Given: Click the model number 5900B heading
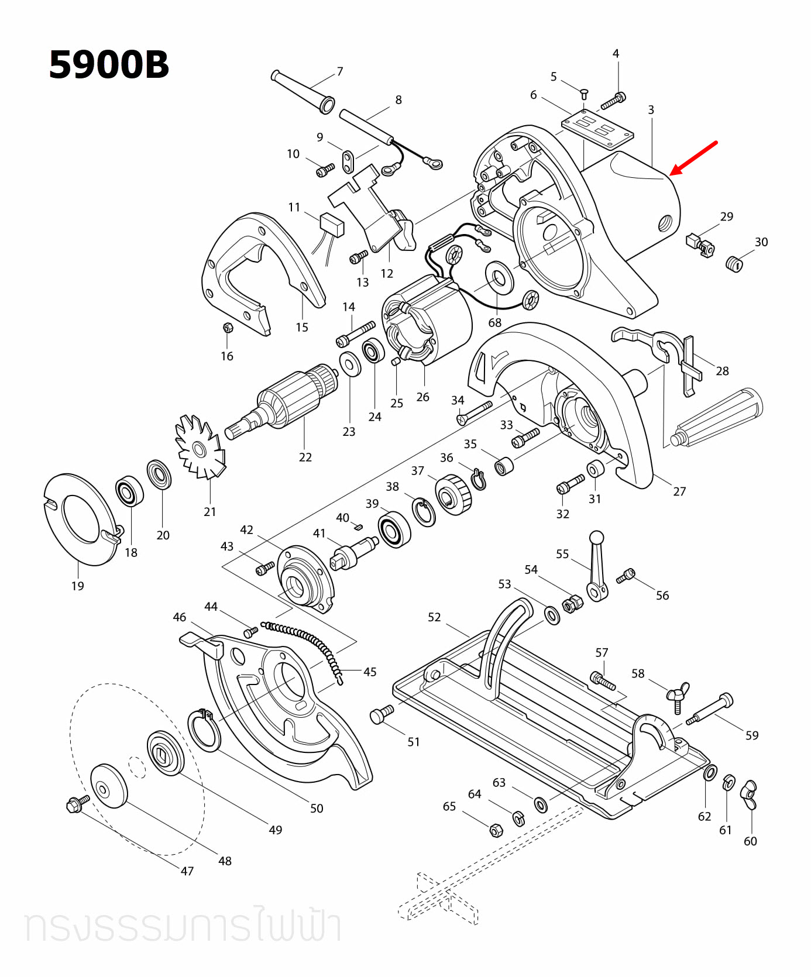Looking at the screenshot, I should [x=109, y=65].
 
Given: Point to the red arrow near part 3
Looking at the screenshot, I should [x=694, y=157].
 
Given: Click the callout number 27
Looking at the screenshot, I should [x=679, y=491].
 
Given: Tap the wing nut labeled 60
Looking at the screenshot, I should [x=750, y=794].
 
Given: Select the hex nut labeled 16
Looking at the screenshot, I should [x=228, y=328].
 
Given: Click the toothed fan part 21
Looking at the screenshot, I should [x=200, y=448].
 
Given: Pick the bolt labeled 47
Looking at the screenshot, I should [x=77, y=804].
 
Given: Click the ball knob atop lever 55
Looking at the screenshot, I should [x=596, y=537].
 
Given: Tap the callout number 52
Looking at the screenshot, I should [x=434, y=617].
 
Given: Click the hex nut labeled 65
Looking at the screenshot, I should [x=495, y=829].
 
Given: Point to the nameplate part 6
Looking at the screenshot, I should [x=597, y=130].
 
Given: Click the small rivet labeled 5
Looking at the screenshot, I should [x=584, y=93].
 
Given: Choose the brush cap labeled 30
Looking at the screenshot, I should [x=734, y=263].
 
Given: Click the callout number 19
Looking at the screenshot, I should [x=78, y=586].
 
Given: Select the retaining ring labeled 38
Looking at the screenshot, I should [x=424, y=511].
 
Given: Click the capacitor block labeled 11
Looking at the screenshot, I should [x=332, y=224].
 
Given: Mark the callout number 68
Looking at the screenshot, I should [x=495, y=322].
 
